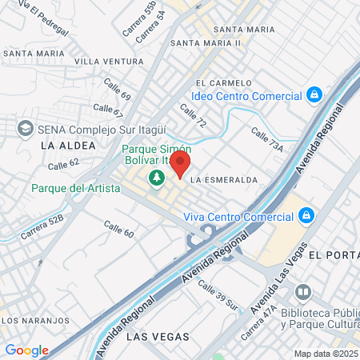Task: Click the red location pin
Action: point(180,164)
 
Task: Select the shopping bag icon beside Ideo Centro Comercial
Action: point(315,96)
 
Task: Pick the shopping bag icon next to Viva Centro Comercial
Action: point(306,214)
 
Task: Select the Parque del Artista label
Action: point(76,188)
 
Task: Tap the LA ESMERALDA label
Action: point(225,180)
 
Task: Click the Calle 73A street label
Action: point(267,141)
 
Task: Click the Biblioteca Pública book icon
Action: point(302,291)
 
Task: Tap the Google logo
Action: point(26,350)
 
